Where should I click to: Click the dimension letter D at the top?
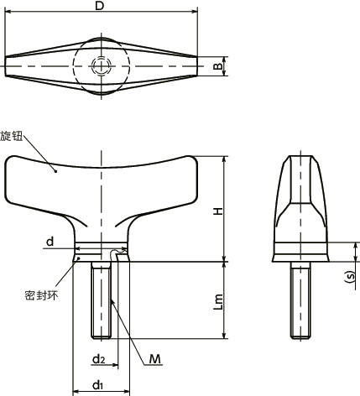point(99,7)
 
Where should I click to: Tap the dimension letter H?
point(217,211)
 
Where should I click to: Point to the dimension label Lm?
point(217,301)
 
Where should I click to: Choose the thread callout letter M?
point(154,359)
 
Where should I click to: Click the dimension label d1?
point(97,385)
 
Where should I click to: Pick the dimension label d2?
point(97,359)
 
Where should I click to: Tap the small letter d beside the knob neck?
point(50,242)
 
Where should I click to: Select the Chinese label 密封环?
point(37,295)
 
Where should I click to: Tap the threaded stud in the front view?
point(102,302)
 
